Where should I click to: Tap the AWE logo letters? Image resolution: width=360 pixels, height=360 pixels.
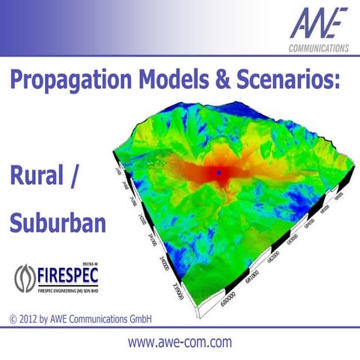(x=317, y=25)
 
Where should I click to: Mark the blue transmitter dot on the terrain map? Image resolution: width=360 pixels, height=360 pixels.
(x=218, y=173)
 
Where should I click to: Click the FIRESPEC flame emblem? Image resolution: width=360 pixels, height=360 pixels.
(x=24, y=278)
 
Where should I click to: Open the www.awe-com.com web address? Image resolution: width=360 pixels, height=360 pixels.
(x=180, y=343)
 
